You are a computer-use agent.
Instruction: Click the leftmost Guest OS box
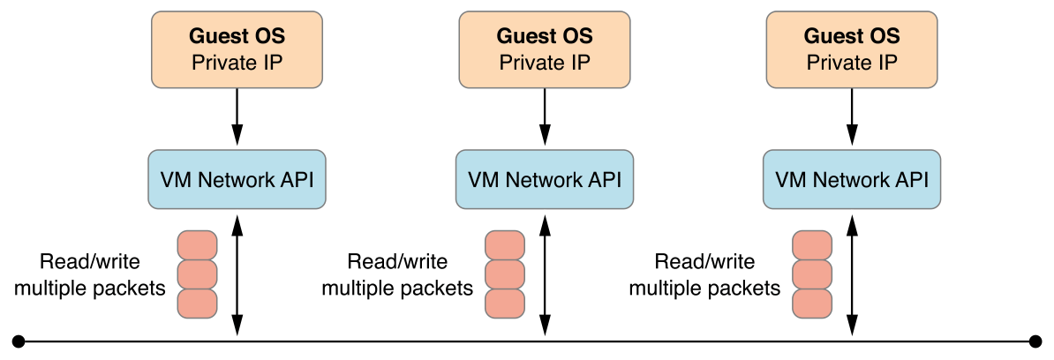[x=237, y=49]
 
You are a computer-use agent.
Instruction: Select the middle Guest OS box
[x=544, y=49]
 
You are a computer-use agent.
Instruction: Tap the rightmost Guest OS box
[x=852, y=49]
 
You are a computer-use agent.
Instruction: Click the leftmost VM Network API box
[x=237, y=180]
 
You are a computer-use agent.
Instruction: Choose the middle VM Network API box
[x=544, y=180]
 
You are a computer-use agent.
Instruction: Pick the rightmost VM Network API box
[x=852, y=180]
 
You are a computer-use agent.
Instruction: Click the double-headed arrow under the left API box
[x=237, y=274]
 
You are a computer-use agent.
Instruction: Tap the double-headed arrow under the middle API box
[x=544, y=274]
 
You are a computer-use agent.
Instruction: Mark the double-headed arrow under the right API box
[x=852, y=274]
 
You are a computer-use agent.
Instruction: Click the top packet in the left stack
[x=197, y=244]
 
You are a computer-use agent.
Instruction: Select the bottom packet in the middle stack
[x=505, y=304]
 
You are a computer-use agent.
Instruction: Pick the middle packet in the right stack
[x=812, y=274]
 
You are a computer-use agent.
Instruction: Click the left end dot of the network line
[x=18, y=340]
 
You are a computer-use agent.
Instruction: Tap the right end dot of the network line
[x=1036, y=340]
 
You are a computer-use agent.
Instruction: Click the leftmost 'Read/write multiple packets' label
[x=90, y=274]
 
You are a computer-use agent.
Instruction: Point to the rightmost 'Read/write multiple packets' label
[x=704, y=274]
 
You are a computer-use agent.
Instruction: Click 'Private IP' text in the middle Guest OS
[x=544, y=63]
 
